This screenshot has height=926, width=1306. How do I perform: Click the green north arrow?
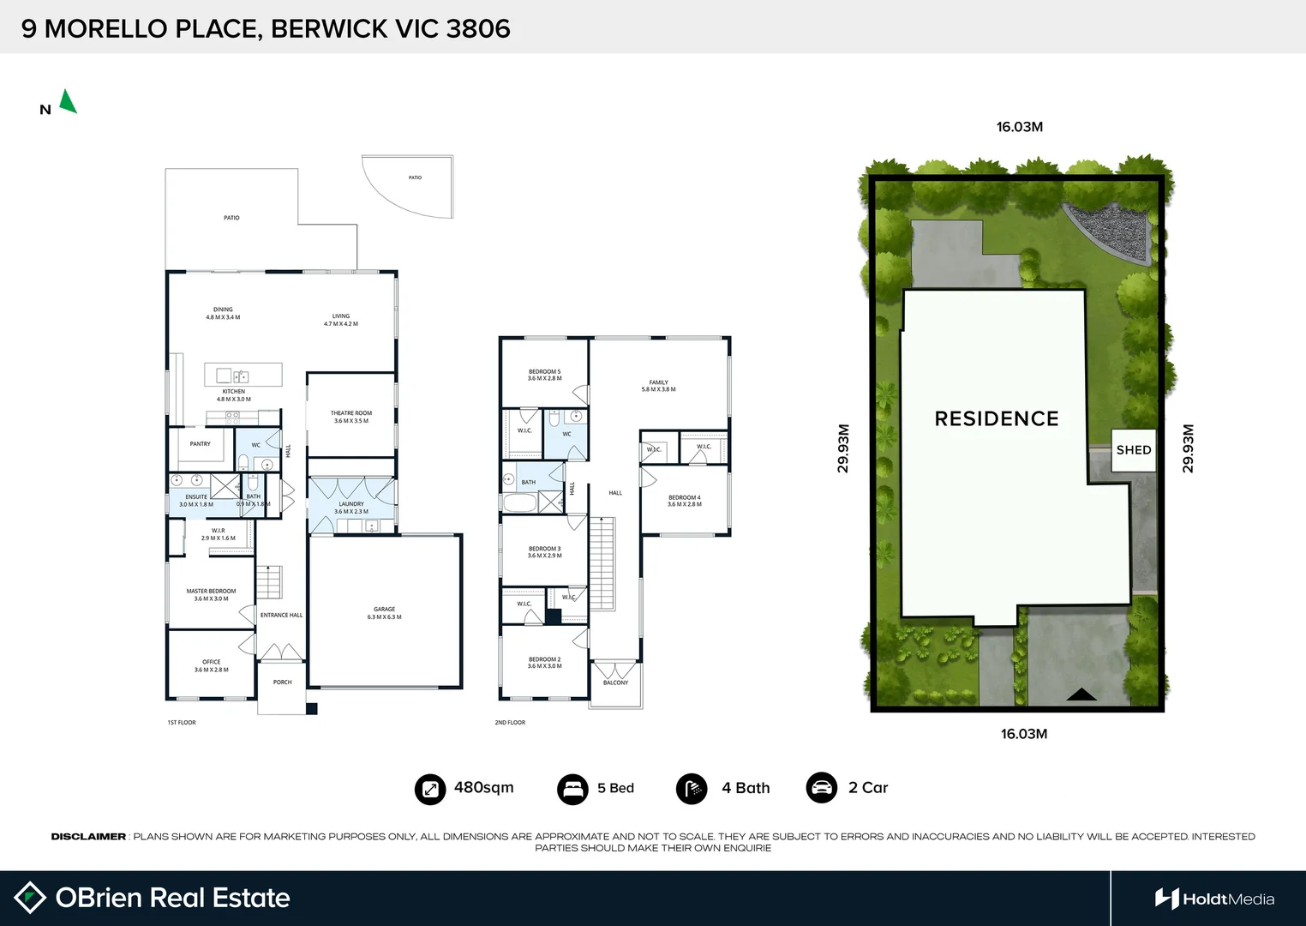click(68, 102)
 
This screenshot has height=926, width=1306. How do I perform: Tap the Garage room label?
click(384, 613)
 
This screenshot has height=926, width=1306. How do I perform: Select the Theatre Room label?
click(351, 417)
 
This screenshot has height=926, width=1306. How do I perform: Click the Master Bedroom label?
click(211, 594)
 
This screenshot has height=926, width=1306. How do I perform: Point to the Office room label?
click(211, 665)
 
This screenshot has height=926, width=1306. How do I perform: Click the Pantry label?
click(200, 444)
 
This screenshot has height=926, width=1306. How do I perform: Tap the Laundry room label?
click(351, 508)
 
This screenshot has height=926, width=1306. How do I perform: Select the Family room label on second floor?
click(658, 386)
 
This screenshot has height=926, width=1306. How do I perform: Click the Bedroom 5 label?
click(544, 375)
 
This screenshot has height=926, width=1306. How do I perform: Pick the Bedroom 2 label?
click(544, 663)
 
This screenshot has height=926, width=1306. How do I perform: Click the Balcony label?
click(615, 682)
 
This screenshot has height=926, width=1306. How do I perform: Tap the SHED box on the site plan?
click(1133, 450)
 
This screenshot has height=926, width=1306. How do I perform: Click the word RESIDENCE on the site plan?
click(997, 418)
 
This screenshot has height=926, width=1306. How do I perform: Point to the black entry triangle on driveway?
click(1081, 694)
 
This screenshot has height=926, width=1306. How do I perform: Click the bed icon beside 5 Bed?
click(572, 789)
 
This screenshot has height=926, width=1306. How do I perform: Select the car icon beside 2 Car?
click(822, 788)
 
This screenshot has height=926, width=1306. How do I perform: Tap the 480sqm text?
click(483, 788)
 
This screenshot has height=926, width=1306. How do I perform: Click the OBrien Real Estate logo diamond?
click(30, 898)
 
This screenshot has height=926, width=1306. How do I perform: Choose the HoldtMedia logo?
click(1214, 899)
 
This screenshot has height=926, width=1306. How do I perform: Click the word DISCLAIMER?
click(88, 837)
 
